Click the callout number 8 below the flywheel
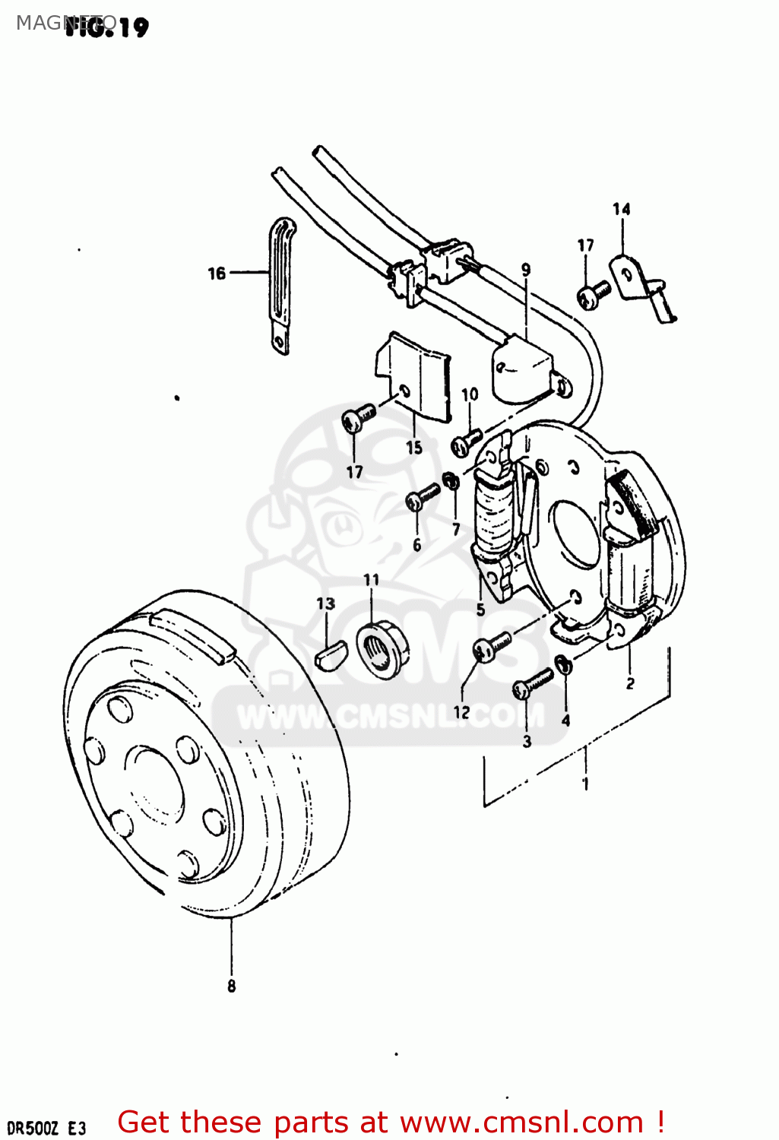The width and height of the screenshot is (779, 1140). [231, 986]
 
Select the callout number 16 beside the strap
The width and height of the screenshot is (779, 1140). [217, 273]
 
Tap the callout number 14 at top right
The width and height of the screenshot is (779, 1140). [621, 209]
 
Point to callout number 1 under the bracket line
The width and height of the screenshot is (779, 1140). [584, 784]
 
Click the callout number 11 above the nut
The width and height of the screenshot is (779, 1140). [371, 580]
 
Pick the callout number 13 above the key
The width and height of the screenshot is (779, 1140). [325, 603]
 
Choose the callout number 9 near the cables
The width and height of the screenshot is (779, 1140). [526, 269]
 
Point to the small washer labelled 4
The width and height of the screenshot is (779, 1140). [565, 665]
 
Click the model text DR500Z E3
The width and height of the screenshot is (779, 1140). [46, 1127]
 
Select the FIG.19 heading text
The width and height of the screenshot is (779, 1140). [106, 28]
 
